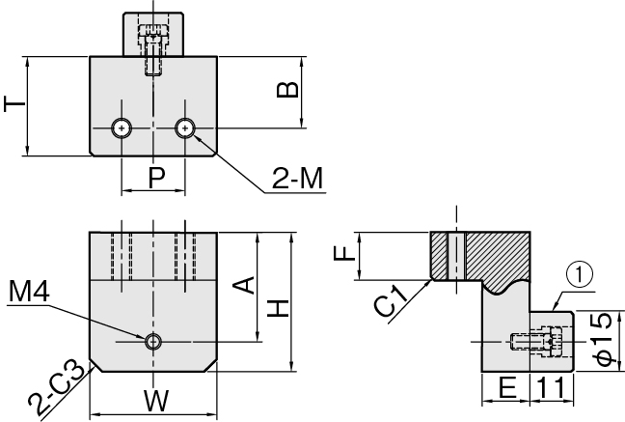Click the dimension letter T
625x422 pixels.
14,103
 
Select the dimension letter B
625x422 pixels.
287,90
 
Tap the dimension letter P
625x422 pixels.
157,178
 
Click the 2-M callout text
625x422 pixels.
297,178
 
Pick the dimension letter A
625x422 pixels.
244,285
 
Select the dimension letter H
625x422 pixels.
278,308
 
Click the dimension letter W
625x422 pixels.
156,401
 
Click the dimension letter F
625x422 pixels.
344,253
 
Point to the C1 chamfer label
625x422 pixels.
391,301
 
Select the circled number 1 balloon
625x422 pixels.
580,275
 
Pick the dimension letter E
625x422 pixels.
507,387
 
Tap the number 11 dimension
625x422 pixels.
551,387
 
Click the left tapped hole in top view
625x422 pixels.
122,128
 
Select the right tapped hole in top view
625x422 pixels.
184,128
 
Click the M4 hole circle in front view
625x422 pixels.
153,342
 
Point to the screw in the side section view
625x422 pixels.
537,342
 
